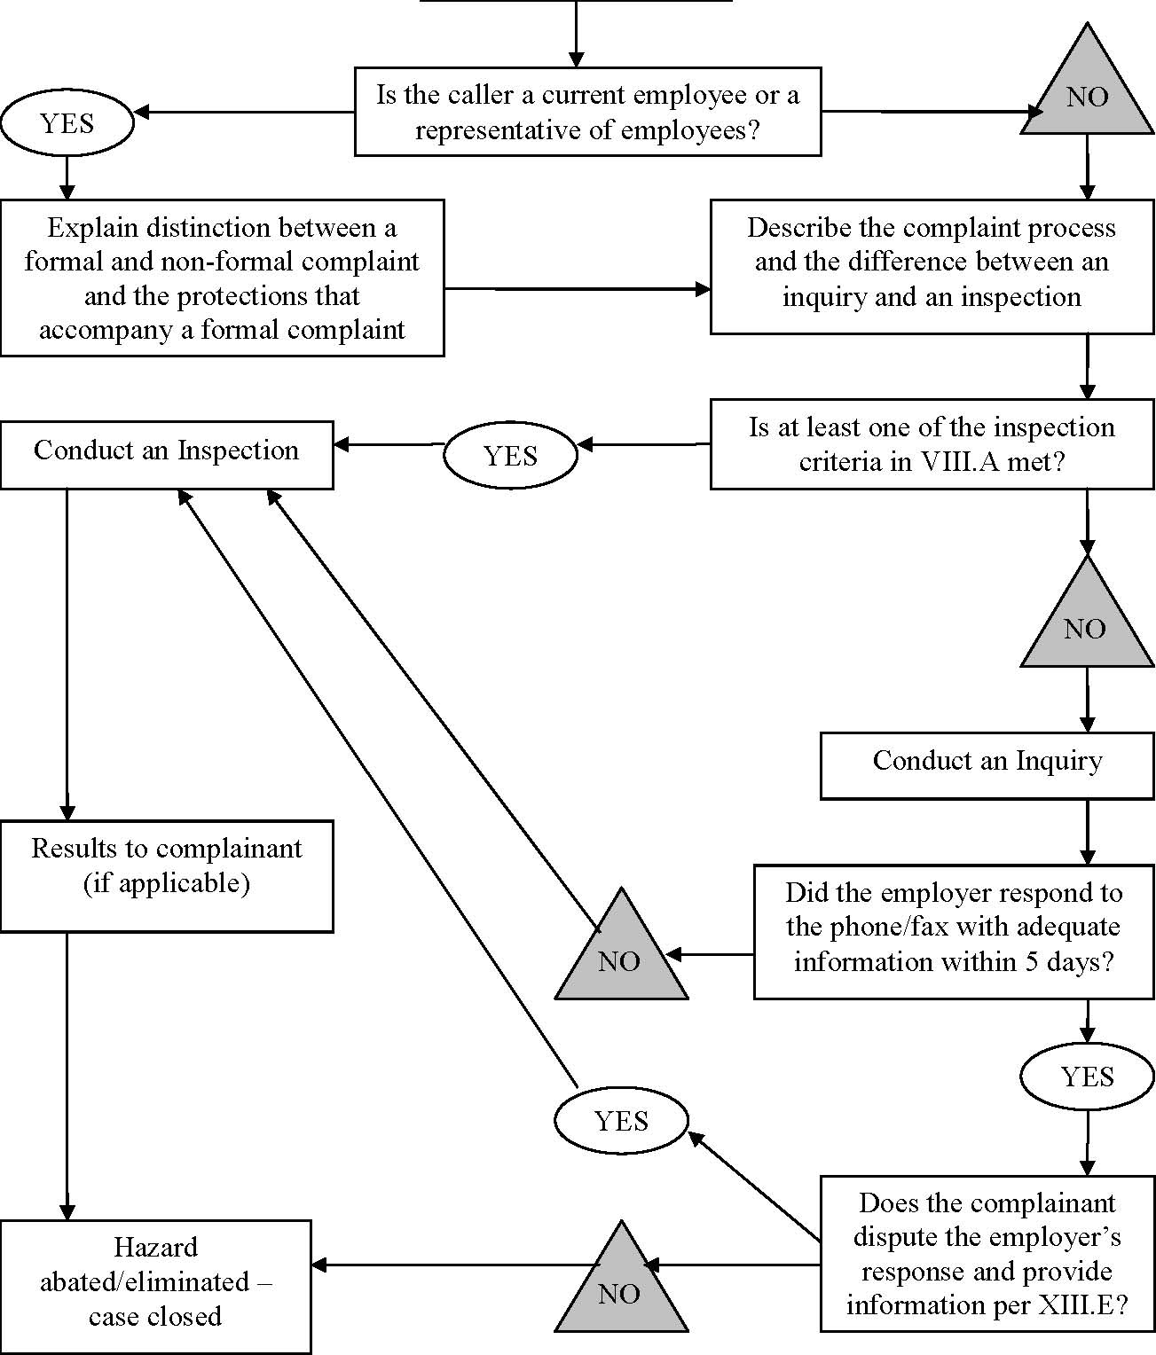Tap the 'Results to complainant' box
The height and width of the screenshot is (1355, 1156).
tap(167, 875)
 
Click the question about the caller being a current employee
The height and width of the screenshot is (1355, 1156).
tap(587, 112)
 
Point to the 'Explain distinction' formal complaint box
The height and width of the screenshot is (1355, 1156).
tap(222, 278)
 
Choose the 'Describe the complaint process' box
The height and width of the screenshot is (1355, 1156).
tap(932, 266)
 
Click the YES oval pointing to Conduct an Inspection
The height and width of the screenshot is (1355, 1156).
tap(510, 456)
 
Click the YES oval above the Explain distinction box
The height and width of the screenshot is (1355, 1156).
tap(67, 123)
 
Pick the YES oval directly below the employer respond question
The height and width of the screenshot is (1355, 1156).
tap(1087, 1077)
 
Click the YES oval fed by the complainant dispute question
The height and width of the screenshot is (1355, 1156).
tap(621, 1121)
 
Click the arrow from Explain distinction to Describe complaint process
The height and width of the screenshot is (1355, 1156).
tap(577, 289)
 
